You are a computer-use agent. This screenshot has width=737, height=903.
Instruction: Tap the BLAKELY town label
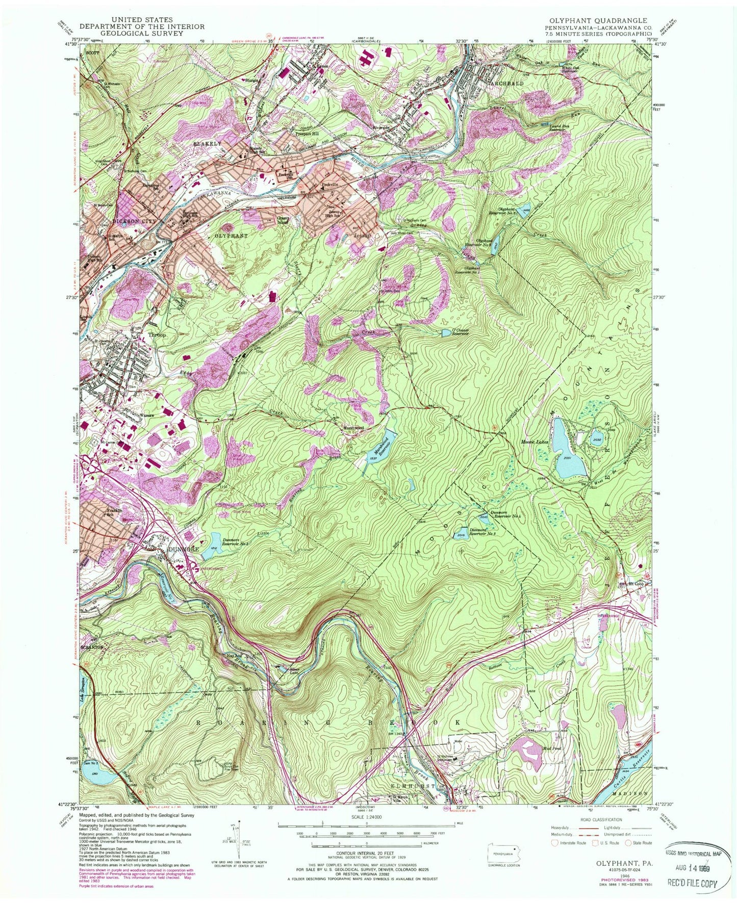coord(207,144)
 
